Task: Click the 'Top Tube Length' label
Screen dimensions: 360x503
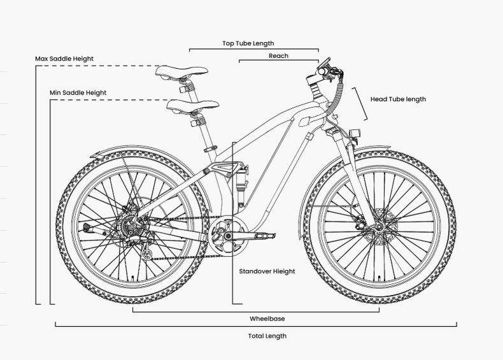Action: pos(248,43)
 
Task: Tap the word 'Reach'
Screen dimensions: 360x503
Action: pos(278,56)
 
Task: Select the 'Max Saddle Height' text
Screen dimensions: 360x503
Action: pos(64,59)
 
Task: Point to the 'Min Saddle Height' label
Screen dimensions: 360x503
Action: pos(78,92)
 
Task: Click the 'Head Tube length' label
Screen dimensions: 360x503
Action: pos(398,99)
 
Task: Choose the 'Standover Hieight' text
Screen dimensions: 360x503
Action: pos(267,271)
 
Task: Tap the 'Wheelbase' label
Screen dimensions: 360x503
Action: pos(267,318)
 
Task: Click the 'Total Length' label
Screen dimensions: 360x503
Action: pos(267,336)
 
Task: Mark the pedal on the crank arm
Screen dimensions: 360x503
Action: pos(266,236)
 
